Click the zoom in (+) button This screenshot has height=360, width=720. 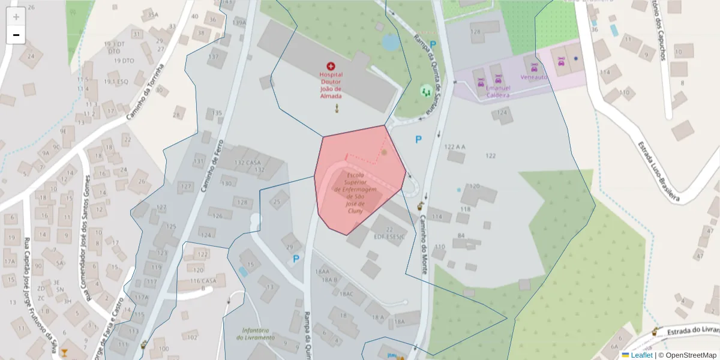(16, 16)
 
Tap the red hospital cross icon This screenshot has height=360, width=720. (331, 66)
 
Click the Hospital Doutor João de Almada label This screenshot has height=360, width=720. (331, 85)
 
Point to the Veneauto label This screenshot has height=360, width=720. (534, 77)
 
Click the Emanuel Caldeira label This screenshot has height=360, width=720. (497, 92)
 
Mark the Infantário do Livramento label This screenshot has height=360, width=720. (259, 334)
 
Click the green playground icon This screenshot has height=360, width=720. (426, 91)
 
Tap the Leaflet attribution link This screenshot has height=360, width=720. (641, 355)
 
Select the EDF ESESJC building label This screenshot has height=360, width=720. (390, 236)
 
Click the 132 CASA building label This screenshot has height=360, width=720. (247, 163)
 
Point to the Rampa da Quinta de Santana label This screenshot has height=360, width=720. (428, 75)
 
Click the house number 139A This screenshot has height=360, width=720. (239, 23)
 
